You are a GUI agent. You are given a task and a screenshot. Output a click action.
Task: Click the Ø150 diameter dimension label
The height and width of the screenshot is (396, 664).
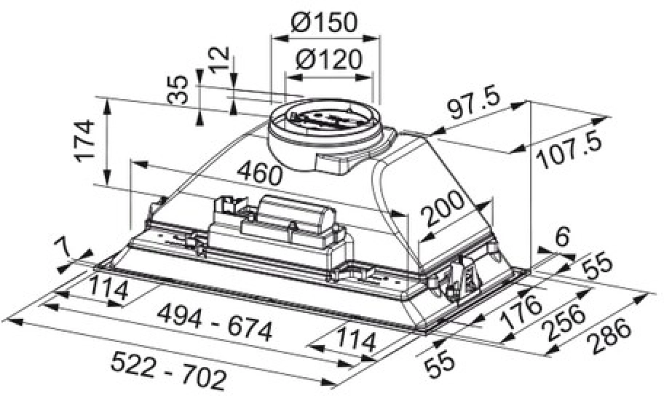tap(325, 23)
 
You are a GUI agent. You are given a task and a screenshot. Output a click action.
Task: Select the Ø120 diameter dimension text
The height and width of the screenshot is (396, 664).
tap(329, 60)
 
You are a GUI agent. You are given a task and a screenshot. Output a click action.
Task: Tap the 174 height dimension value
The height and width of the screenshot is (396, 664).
tap(84, 141)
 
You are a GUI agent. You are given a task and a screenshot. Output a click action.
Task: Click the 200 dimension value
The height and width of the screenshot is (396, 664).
tap(444, 208)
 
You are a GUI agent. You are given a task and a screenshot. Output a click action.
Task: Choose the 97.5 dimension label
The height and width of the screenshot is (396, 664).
tap(473, 103)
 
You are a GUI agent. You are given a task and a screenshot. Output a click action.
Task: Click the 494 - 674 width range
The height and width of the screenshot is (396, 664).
tap(214, 324)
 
